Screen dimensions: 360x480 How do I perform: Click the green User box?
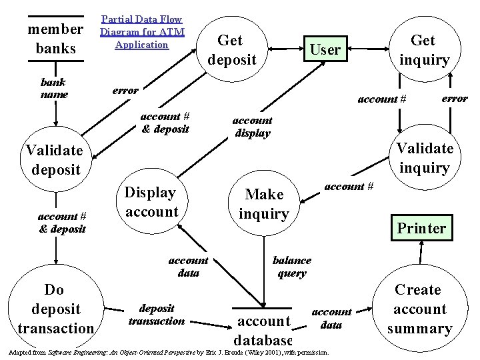tap(325, 49)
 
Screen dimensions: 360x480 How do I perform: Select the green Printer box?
tap(421, 228)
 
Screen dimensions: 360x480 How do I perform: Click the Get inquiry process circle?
tap(423, 49)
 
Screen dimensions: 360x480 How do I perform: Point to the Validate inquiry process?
tap(424, 157)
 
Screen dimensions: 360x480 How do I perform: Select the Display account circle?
tap(151, 202)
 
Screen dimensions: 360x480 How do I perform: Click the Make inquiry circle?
tap(264, 203)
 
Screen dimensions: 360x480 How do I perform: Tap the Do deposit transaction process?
tap(56, 309)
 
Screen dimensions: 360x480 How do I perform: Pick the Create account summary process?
tap(419, 309)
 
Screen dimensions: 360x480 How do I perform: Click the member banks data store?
tap(55, 39)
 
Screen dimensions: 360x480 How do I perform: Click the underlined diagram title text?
tap(141, 32)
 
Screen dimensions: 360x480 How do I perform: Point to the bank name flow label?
tap(54, 89)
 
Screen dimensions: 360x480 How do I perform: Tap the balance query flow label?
tap(291, 266)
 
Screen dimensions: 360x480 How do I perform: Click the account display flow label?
tap(251, 126)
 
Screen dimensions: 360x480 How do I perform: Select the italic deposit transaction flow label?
tap(157, 314)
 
